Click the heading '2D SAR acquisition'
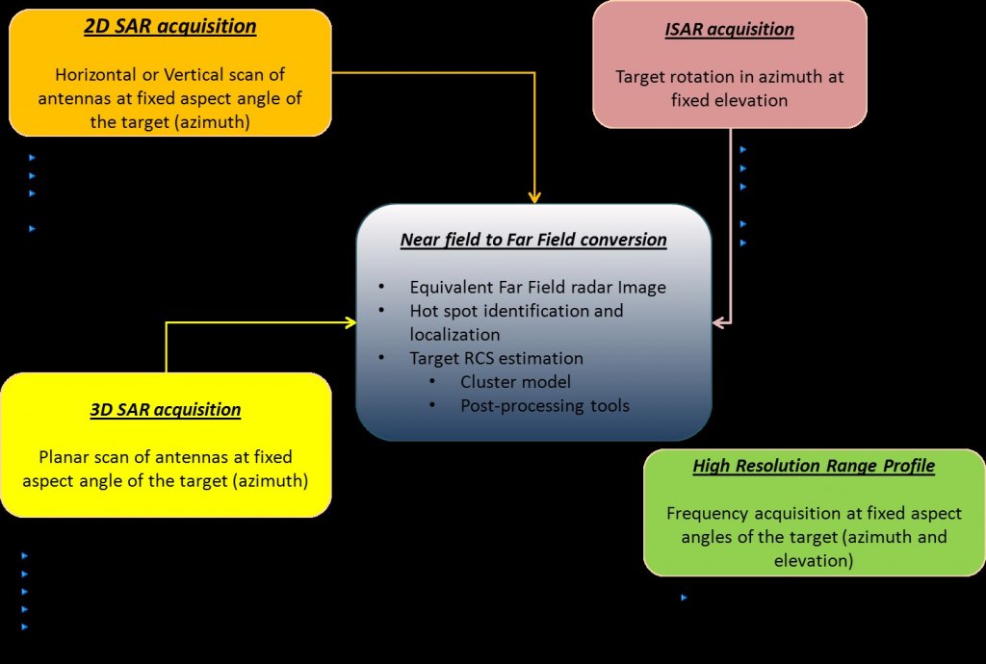click(170, 26)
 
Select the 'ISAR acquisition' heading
click(729, 29)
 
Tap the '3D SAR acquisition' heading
click(166, 410)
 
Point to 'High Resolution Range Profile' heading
click(814, 467)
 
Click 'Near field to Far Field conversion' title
click(533, 240)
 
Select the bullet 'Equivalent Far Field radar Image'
click(537, 287)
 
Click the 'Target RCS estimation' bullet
click(496, 358)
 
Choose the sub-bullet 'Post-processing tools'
click(544, 406)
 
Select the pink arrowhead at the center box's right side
click(718, 323)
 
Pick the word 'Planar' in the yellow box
click(64, 457)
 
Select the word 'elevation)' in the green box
click(814, 560)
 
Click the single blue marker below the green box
click(684, 598)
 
